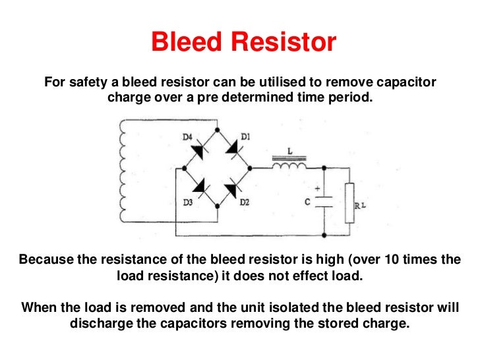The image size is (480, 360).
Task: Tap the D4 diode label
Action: (187, 136)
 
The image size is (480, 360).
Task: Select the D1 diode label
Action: (245, 136)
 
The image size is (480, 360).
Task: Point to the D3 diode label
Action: (187, 203)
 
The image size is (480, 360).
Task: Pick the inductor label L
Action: (290, 150)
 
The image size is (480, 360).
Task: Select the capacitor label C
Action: (307, 202)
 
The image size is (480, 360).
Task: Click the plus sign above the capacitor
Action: (317, 188)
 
